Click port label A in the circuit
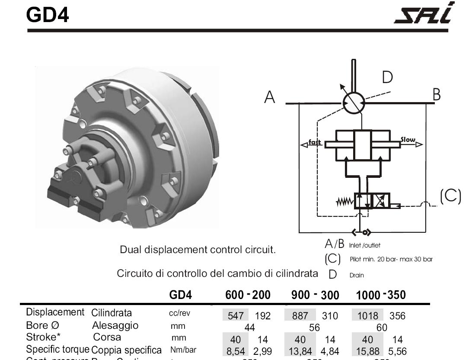tap(270, 97)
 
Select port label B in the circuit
tap(437, 94)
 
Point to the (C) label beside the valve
tap(451, 196)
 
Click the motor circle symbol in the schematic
tap(354, 103)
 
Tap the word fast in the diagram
tap(315, 142)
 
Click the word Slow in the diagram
tap(408, 140)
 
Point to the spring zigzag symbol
tap(344, 202)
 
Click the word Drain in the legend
tap(357, 275)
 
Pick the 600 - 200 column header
tap(248, 295)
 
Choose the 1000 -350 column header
tap(381, 295)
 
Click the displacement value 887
tap(300, 316)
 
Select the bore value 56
tap(314, 328)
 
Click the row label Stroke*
tap(43, 337)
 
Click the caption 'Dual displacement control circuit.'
tap(198, 250)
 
